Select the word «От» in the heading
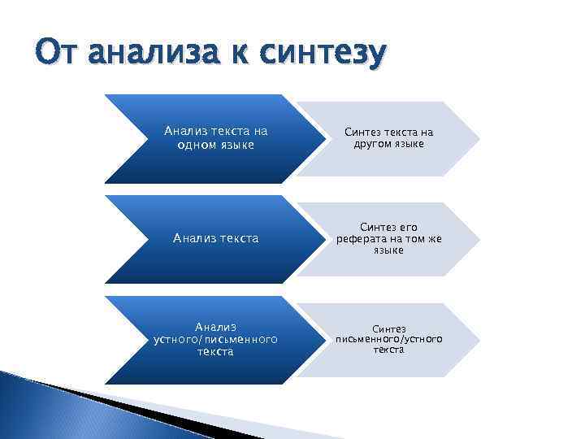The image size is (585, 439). tap(59, 54)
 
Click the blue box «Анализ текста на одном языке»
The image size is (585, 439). tap(215, 137)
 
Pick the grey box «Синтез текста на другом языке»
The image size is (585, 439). tap(388, 138)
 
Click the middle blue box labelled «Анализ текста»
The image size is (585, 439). tap(215, 238)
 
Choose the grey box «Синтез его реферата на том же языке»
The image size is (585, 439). tap(388, 239)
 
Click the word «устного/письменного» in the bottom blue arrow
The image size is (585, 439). tap(216, 339)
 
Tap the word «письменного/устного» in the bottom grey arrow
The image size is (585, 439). tap(388, 338)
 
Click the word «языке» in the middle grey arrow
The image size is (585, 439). tap(388, 250)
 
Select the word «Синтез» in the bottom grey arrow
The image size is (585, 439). tap(388, 328)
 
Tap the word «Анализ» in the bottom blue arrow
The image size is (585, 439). tap(216, 327)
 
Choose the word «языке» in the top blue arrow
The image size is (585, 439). tap(236, 145)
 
